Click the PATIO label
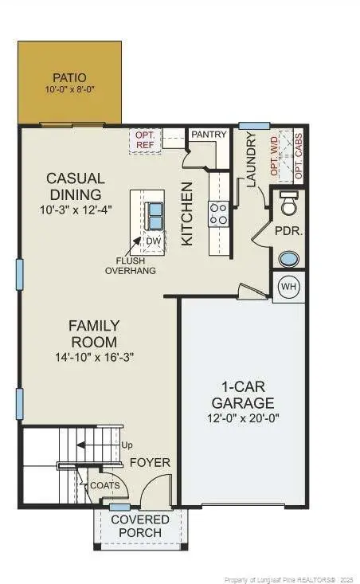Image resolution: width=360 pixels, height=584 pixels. [69, 77]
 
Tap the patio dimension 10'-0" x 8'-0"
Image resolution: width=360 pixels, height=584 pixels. [69, 90]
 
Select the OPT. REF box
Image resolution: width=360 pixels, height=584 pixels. [146, 141]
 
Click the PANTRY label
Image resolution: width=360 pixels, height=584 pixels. [209, 135]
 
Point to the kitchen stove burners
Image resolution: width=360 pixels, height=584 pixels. [218, 213]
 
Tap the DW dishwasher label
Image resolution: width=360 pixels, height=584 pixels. [152, 241]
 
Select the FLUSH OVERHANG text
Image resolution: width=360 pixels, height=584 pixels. [131, 265]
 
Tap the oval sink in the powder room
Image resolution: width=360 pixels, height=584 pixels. [289, 259]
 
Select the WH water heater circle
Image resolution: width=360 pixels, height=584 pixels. [289, 287]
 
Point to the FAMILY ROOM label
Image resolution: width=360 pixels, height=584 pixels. [94, 334]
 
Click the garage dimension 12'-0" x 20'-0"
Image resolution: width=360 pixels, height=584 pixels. [243, 417]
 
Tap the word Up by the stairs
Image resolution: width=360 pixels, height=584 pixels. [126, 445]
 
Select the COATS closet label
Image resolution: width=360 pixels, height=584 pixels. [104, 484]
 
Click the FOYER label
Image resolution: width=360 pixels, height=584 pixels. [150, 462]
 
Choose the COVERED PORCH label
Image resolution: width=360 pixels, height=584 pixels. [140, 526]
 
